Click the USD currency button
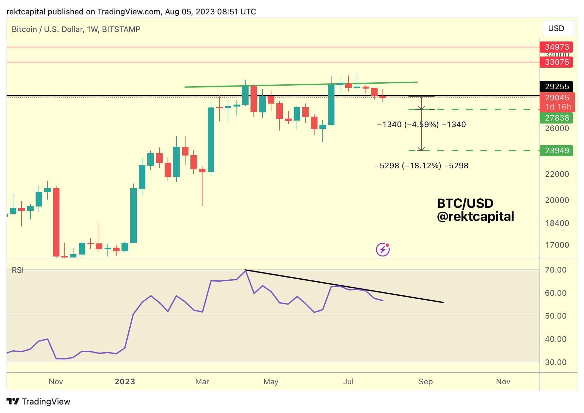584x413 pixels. point(558,28)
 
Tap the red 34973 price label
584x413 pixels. point(557,47)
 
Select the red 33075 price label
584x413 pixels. point(557,62)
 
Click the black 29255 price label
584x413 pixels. point(557,87)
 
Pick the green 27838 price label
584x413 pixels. point(557,118)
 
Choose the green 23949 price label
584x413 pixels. point(557,151)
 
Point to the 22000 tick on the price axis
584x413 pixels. point(557,174)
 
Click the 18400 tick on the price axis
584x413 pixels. point(557,223)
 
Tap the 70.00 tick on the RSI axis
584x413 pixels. point(555,270)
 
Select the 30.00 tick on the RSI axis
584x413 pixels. point(555,362)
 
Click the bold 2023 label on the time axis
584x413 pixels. point(125,382)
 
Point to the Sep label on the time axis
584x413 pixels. point(426,382)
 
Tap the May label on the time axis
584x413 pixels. point(271,382)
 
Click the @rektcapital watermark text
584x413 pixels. point(475,217)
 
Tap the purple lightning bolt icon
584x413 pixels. point(383,250)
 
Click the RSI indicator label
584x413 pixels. point(18,270)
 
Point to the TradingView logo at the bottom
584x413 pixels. point(39,402)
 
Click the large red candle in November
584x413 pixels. point(56,222)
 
